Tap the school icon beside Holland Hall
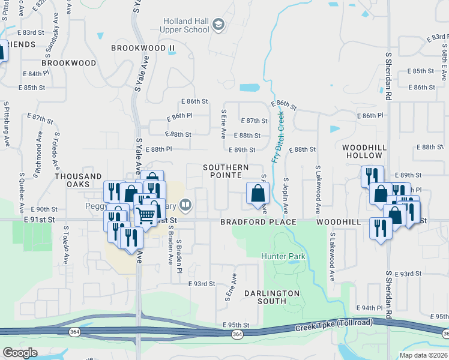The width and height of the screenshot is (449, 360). tap(218, 25)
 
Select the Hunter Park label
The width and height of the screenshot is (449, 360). tap(283, 256)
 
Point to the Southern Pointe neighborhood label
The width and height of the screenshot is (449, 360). tap(225, 171)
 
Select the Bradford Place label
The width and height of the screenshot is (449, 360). tap(258, 222)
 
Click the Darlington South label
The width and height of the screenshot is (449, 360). tap(271, 297)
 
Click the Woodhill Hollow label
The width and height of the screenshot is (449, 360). tap(363, 151)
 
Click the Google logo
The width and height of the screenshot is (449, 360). tap(20, 353)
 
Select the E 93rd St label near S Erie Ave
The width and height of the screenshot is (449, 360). tap(202, 284)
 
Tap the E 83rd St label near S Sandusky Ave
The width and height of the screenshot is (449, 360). tap(31, 32)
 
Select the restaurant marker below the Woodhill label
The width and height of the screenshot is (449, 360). tap(380, 229)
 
